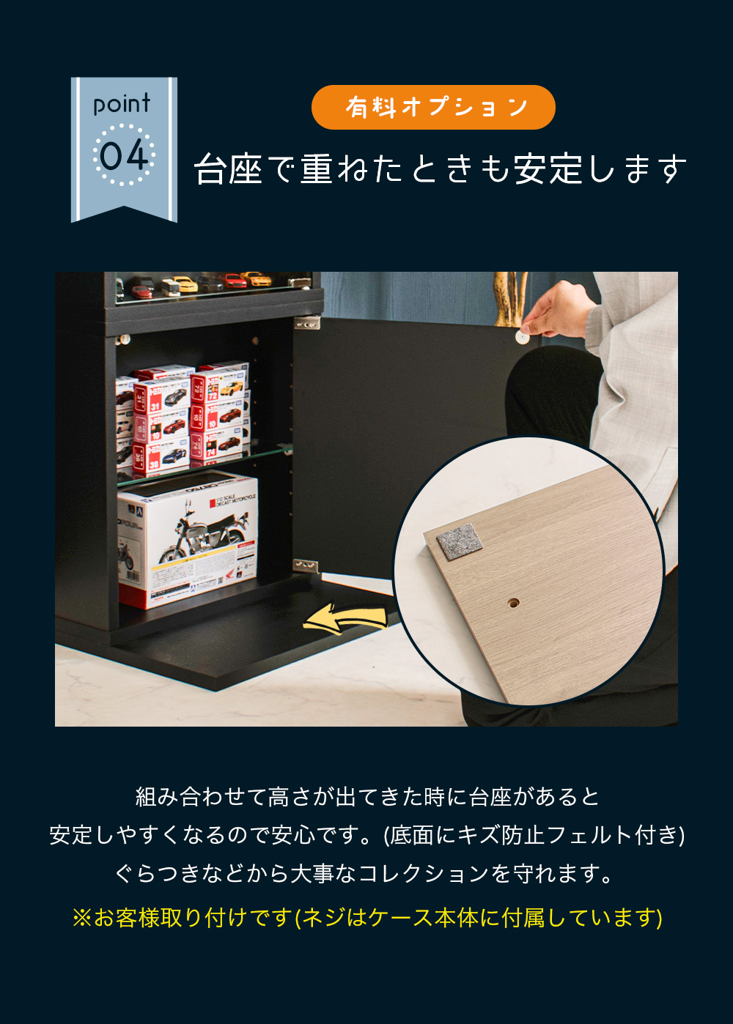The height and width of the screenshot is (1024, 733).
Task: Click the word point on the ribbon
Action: click(121, 104)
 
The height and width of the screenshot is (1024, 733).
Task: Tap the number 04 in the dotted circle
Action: click(124, 155)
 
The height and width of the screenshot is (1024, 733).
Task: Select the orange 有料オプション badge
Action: click(433, 108)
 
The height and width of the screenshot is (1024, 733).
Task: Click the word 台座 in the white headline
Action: click(228, 168)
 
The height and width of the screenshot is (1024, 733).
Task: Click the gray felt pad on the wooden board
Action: click(460, 542)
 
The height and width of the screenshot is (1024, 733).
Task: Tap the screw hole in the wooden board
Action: click(514, 604)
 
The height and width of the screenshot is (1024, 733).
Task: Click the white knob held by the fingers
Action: click(521, 338)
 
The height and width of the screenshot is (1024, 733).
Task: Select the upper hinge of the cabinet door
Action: click(307, 324)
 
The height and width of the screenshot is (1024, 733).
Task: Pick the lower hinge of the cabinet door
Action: click(306, 566)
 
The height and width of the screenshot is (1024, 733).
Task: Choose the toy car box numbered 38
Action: click(161, 457)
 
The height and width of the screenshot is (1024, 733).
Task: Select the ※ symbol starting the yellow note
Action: click(82, 917)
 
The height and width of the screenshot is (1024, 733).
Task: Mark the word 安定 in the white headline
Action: click(548, 168)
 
